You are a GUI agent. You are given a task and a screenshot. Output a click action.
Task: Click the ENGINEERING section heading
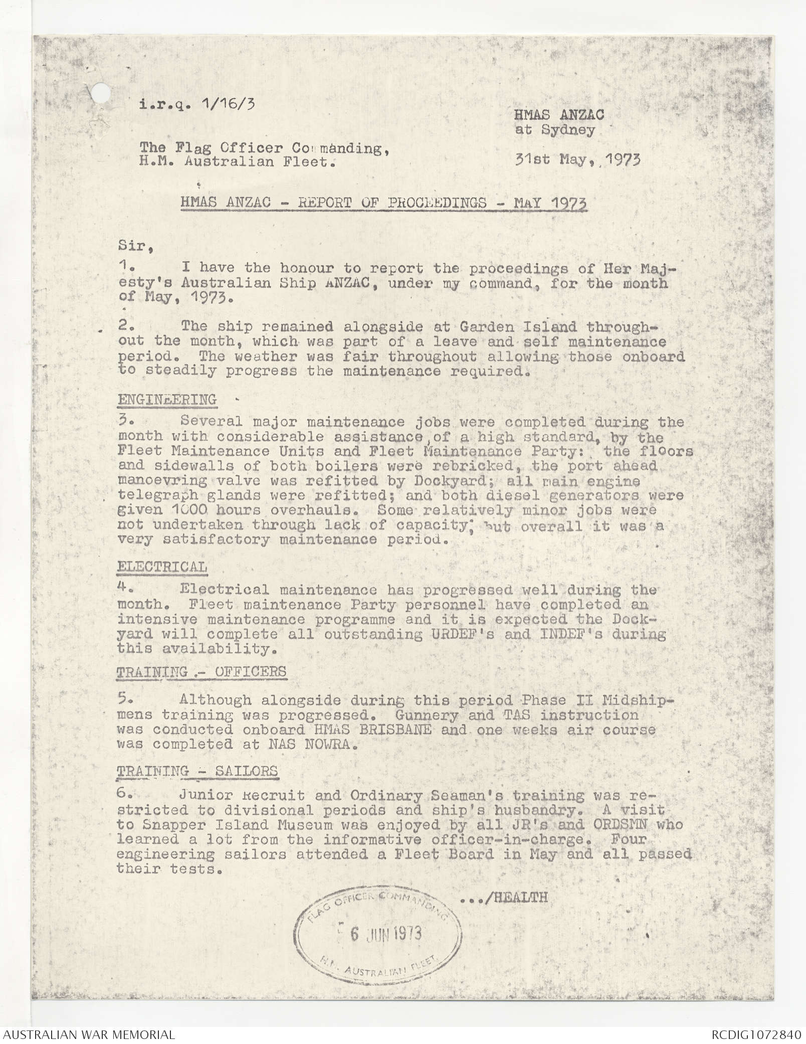167,400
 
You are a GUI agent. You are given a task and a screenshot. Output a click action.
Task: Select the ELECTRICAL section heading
162,567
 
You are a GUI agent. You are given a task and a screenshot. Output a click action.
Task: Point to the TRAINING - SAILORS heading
197,771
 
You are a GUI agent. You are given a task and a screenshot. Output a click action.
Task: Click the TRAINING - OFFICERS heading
201,671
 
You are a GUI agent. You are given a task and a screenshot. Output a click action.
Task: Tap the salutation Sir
130,247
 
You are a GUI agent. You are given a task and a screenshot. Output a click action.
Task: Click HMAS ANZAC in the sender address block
558,115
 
